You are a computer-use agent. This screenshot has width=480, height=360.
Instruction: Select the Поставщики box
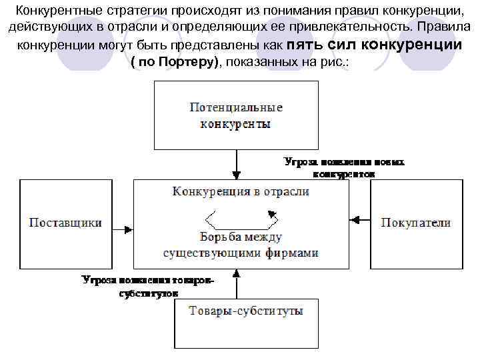pyautogui.click(x=65, y=223)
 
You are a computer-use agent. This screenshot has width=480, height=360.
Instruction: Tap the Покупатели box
pyautogui.click(x=416, y=223)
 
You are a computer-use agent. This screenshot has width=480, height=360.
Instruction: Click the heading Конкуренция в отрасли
pyautogui.click(x=241, y=191)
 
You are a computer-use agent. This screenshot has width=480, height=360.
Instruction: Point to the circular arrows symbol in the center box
pyautogui.click(x=241, y=218)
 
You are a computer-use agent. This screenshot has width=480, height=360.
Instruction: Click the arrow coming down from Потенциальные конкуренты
pyautogui.click(x=236, y=164)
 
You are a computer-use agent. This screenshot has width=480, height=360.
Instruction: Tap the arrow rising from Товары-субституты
pyautogui.click(x=236, y=284)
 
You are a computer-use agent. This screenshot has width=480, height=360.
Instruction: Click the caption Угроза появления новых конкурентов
pyautogui.click(x=344, y=167)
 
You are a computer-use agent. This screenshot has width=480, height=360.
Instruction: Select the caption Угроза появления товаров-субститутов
pyautogui.click(x=148, y=286)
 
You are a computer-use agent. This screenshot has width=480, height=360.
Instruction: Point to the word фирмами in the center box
pyautogui.click(x=291, y=253)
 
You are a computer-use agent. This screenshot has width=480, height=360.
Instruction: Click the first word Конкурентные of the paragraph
pyautogui.click(x=54, y=11)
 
